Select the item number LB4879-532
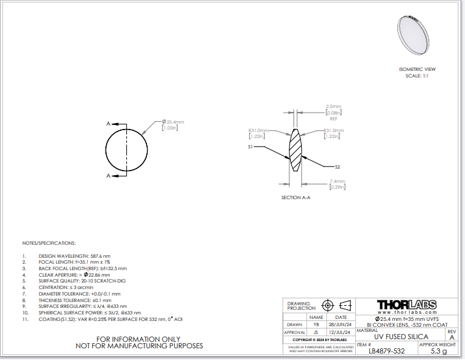(x=386, y=352)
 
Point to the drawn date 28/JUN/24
(x=341, y=324)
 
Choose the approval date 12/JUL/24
(x=341, y=332)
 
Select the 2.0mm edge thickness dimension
(x=334, y=105)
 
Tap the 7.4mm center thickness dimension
(x=337, y=181)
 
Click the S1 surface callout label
(x=250, y=147)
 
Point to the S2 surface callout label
(x=338, y=167)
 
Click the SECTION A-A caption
(x=296, y=197)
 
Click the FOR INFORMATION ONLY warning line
(x=139, y=339)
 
